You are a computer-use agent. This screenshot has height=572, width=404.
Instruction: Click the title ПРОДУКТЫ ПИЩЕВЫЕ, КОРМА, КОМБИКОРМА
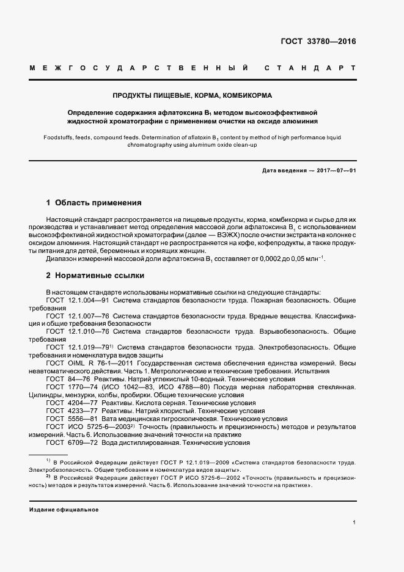tap(192, 96)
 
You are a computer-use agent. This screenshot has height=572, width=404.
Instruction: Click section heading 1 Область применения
tap(94, 202)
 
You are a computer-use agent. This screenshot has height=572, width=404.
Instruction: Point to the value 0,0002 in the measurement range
tap(260, 259)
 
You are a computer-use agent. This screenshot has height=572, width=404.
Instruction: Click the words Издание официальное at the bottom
tap(64, 509)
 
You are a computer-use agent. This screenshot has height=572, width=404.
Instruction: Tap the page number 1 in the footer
tap(354, 522)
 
